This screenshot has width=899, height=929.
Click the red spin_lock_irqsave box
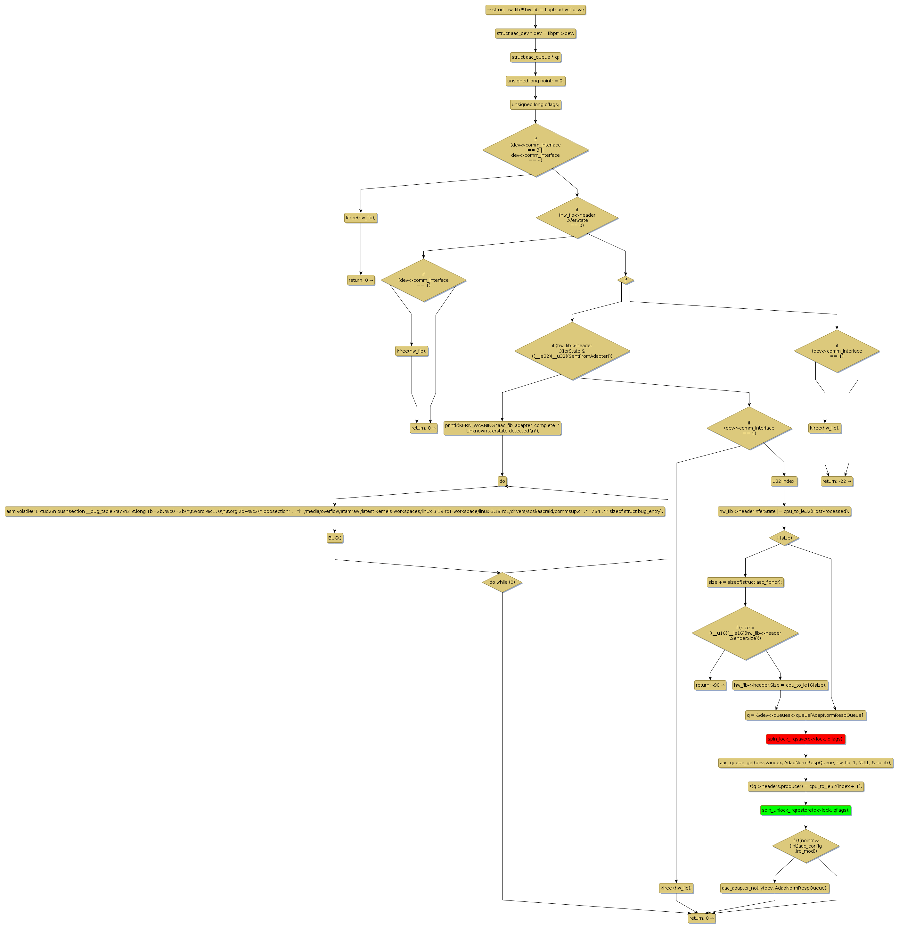(805, 739)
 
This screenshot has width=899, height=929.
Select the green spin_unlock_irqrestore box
(805, 810)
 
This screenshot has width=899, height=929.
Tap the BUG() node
(334, 538)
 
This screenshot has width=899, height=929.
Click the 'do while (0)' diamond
(502, 582)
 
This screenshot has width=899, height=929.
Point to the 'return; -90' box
(709, 685)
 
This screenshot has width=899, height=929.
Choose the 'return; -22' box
(837, 481)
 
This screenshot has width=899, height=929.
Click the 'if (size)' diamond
(784, 538)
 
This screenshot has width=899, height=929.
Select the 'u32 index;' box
(784, 481)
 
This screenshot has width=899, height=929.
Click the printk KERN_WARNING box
(502, 428)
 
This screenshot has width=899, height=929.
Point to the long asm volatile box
(334, 511)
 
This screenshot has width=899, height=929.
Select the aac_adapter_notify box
(774, 888)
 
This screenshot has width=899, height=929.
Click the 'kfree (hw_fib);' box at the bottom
(676, 888)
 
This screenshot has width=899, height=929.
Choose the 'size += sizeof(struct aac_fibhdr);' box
(745, 582)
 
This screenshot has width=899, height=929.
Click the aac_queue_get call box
(805, 763)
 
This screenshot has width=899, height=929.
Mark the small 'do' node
(502, 481)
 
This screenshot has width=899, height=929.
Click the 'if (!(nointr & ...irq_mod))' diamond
(805, 846)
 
